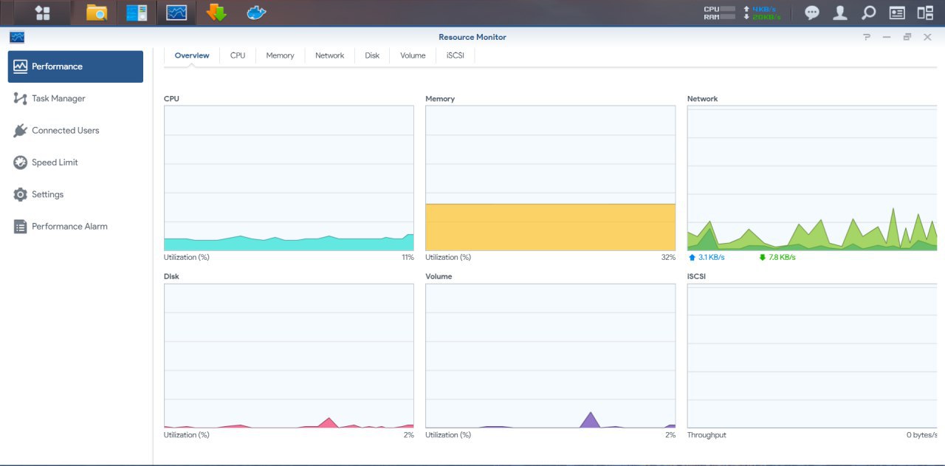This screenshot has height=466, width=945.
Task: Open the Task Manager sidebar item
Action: [x=49, y=98]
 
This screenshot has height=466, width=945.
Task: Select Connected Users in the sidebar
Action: [x=56, y=131]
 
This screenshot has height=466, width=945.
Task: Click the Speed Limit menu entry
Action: [x=46, y=162]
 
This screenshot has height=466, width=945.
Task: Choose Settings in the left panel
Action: [x=38, y=194]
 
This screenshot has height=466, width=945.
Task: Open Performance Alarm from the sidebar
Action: [x=61, y=227]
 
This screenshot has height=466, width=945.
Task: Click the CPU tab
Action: [x=238, y=55]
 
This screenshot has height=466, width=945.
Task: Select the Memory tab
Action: [x=280, y=55]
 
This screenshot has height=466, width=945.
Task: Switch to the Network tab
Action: [x=329, y=55]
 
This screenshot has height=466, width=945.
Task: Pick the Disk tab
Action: [x=371, y=55]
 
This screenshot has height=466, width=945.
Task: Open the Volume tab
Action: [x=413, y=55]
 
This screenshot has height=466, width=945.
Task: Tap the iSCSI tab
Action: [x=456, y=55]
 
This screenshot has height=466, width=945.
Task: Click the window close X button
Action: [x=927, y=37]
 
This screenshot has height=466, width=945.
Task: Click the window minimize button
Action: [x=887, y=37]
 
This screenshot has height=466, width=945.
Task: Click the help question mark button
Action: [x=867, y=37]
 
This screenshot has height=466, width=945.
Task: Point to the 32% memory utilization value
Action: [x=668, y=257]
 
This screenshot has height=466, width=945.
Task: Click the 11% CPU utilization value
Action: [x=408, y=257]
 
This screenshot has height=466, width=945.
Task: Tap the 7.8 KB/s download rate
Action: [x=782, y=257]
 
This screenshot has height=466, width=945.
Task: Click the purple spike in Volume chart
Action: [x=590, y=421]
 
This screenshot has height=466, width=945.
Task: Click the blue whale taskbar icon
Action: [x=256, y=13]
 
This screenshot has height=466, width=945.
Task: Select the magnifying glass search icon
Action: [x=868, y=13]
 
